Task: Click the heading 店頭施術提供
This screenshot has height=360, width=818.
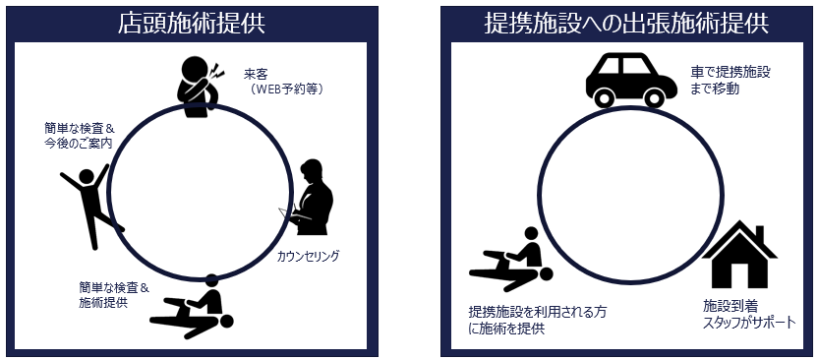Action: click(192, 24)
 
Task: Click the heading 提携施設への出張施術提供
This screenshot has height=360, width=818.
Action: click(629, 24)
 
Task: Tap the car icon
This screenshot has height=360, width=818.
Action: click(631, 81)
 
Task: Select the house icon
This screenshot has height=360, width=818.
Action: click(739, 254)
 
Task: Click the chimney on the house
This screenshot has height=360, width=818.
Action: click(760, 233)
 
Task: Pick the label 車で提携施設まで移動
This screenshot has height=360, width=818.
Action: click(730, 81)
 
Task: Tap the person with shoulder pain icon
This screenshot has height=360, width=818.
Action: click(201, 86)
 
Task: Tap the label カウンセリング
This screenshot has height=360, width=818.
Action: click(309, 256)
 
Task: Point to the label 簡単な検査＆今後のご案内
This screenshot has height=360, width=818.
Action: click(79, 135)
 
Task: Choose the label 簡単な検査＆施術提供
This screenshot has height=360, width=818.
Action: click(114, 294)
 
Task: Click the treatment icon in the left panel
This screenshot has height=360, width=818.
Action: click(193, 307)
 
